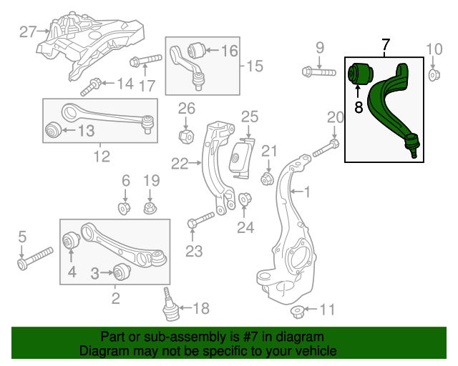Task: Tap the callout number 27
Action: (x=27, y=31)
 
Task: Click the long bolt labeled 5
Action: (x=34, y=259)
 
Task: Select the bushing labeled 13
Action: (x=52, y=130)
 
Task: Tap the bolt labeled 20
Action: (x=323, y=149)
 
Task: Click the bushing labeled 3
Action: (x=120, y=272)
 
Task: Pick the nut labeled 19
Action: (x=150, y=209)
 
